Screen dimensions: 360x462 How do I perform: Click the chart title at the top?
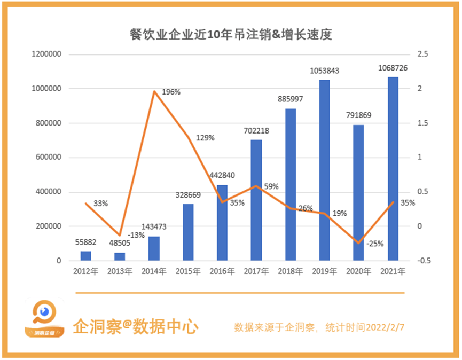pos(231,35)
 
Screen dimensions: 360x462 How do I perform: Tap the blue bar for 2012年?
pos(85,256)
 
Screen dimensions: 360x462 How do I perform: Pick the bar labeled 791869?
pos(358,193)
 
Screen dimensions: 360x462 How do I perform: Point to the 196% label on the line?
pos(171,92)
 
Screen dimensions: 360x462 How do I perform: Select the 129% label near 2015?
pos(205,138)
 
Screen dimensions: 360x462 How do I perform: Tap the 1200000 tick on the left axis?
pos(46,54)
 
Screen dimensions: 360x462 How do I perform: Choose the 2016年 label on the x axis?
pos(222,271)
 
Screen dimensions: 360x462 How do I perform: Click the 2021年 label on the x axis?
pos(393,271)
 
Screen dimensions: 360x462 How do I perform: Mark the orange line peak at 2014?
pos(154,91)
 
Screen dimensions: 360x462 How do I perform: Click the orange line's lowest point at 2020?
pos(358,244)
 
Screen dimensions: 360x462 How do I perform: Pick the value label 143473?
pos(154,227)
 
